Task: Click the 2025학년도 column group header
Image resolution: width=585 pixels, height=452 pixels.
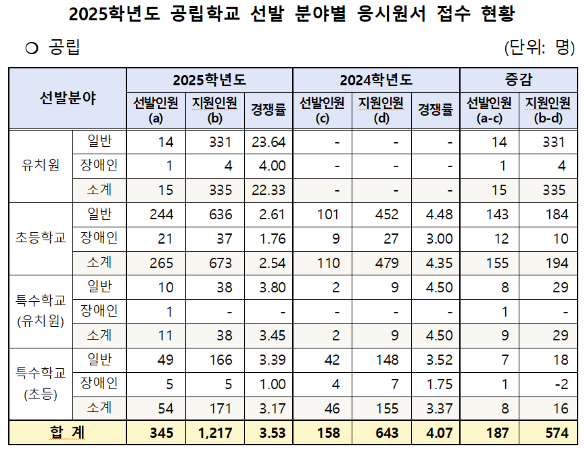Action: click(x=209, y=80)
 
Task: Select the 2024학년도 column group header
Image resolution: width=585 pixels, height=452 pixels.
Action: click(x=376, y=80)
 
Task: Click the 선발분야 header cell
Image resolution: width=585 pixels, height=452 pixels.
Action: click(x=68, y=98)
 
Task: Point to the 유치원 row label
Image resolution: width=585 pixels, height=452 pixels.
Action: click(x=41, y=166)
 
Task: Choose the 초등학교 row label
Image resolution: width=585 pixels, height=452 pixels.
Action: click(x=41, y=238)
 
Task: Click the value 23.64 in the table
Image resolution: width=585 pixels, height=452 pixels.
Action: click(x=268, y=142)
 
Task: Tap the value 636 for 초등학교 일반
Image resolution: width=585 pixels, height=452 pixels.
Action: click(x=220, y=214)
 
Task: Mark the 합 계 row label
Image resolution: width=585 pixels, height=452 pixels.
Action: click(x=68, y=432)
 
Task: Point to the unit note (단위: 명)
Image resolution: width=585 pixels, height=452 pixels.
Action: click(x=539, y=47)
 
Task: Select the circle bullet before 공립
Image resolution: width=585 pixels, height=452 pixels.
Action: click(x=30, y=48)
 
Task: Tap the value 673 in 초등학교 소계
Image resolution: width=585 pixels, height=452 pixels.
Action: click(x=220, y=262)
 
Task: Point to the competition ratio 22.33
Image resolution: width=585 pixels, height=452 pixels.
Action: click(x=268, y=190)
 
